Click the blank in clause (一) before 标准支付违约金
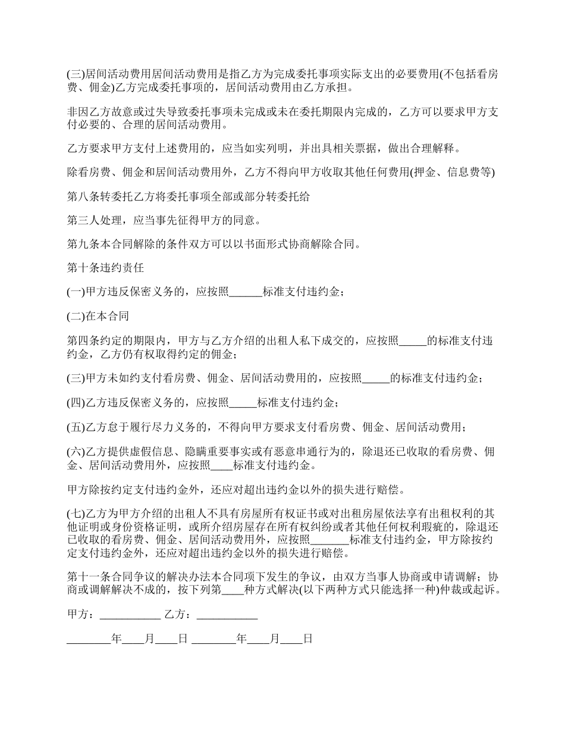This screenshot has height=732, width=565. [245, 292]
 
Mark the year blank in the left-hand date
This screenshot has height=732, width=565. [89, 639]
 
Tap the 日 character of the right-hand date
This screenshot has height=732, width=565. [307, 639]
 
